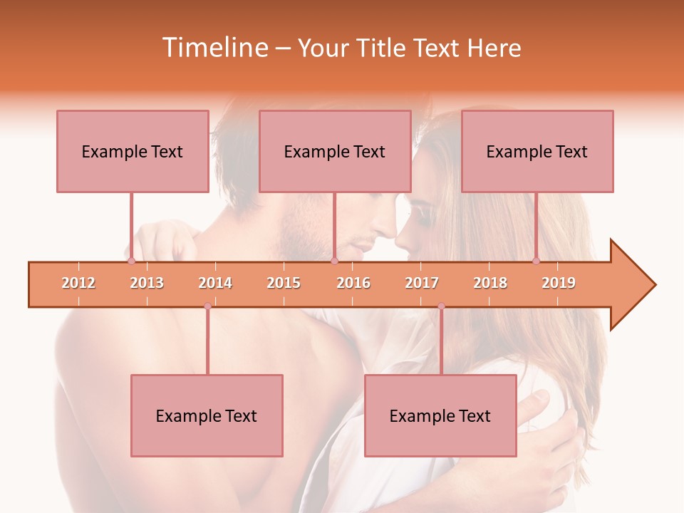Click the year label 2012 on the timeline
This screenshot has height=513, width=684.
pyautogui.click(x=78, y=283)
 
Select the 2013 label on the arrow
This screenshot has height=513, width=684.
pyautogui.click(x=147, y=283)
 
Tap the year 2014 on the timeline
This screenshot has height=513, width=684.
pyautogui.click(x=215, y=283)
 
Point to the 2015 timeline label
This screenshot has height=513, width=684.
pyautogui.click(x=284, y=283)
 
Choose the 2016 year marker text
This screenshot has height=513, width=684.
pyautogui.click(x=353, y=283)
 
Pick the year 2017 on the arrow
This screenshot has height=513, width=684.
pyautogui.click(x=422, y=283)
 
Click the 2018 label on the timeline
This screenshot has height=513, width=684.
pyautogui.click(x=490, y=283)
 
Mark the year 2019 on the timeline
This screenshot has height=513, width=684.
pyautogui.click(x=559, y=283)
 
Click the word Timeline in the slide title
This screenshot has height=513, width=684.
pyautogui.click(x=214, y=48)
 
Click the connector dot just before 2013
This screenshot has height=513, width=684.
pyautogui.click(x=131, y=261)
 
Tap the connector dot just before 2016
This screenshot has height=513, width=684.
pyautogui.click(x=334, y=261)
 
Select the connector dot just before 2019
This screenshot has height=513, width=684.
pyautogui.click(x=537, y=261)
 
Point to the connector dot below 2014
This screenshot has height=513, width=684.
pyautogui.click(x=207, y=306)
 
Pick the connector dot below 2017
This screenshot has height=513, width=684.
pyautogui.click(x=441, y=306)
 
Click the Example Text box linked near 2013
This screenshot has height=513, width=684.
pyautogui.click(x=133, y=151)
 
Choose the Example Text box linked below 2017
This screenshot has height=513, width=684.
pyautogui.click(x=440, y=415)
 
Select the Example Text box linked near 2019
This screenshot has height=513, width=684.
pyautogui.click(x=537, y=151)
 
